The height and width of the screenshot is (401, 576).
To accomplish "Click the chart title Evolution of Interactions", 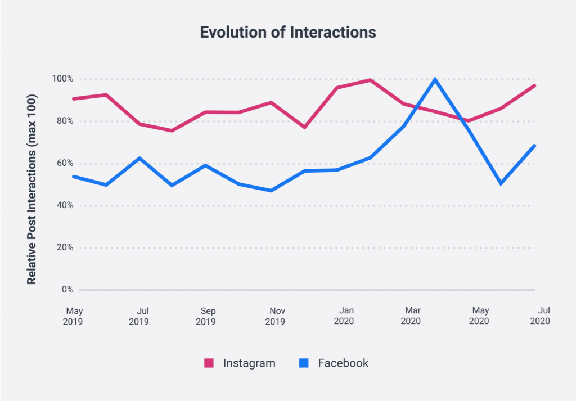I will click(x=288, y=33).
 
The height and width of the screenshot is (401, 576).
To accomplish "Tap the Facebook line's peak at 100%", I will click(x=435, y=79).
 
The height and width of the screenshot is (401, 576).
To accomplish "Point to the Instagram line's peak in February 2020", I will click(x=370, y=80).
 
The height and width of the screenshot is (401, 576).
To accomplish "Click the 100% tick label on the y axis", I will click(x=63, y=79).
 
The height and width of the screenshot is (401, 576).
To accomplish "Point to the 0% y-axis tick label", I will click(x=67, y=290).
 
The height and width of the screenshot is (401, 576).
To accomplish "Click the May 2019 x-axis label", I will click(x=74, y=316).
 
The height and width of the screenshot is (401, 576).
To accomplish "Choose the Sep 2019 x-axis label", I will click(x=207, y=316).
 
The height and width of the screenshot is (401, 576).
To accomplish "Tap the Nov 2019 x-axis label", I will click(x=275, y=316).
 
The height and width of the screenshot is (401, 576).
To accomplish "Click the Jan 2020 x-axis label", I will click(x=343, y=316).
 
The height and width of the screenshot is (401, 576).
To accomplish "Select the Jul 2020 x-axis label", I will click(x=540, y=316).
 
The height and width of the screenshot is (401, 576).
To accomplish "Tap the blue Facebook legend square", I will click(x=304, y=363).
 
